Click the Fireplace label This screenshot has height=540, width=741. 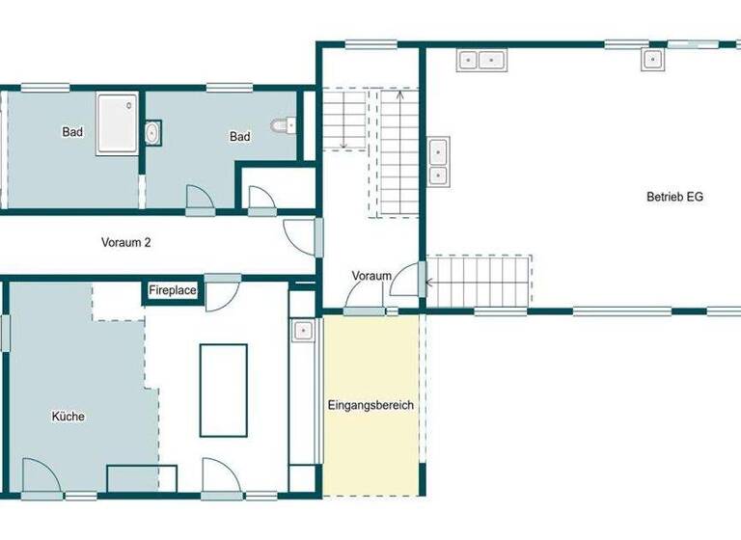(x=174, y=289)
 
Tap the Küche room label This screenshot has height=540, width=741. (x=68, y=417)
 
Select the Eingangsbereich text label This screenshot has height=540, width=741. (x=370, y=405)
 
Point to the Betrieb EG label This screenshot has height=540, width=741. (x=674, y=197)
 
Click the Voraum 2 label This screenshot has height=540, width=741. (x=126, y=243)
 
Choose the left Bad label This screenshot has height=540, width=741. (x=72, y=132)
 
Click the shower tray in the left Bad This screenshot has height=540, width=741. (x=118, y=123)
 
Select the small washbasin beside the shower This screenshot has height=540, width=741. (x=152, y=133)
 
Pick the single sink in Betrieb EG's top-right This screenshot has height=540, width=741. (x=651, y=59)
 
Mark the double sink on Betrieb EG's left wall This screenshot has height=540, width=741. (x=438, y=161)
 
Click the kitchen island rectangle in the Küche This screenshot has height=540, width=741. (x=223, y=390)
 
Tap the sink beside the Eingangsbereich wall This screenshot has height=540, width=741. (x=303, y=330)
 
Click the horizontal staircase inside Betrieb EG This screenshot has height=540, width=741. (x=480, y=282)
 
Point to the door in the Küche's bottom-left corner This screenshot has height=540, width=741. (x=41, y=477)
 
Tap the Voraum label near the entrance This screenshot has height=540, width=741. (x=371, y=276)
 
